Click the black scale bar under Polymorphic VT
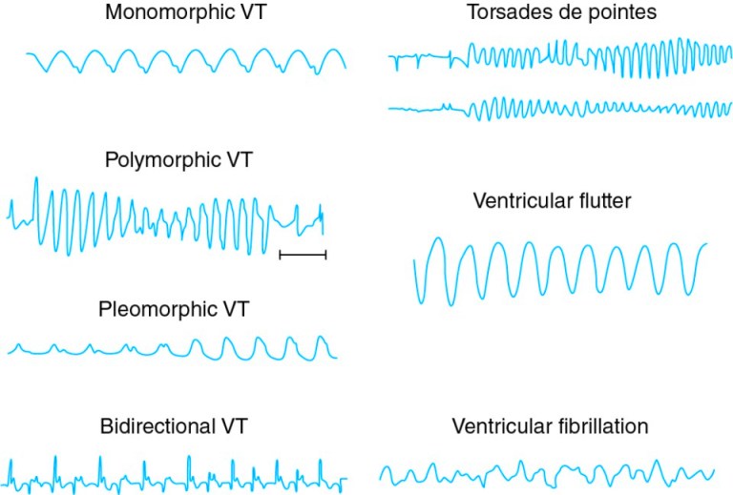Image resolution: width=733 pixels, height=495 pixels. [303, 255]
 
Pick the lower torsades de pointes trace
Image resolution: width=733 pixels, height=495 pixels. [560, 109]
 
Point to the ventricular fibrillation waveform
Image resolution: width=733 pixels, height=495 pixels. [547, 472]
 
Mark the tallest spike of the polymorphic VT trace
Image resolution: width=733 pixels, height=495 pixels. [36, 178]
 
